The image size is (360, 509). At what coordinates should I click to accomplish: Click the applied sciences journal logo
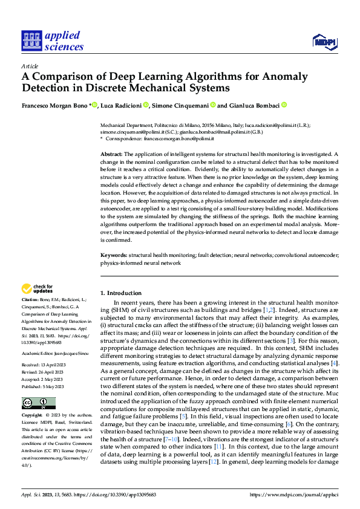click(52, 41)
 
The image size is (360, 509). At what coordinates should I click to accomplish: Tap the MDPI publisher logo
click(325, 41)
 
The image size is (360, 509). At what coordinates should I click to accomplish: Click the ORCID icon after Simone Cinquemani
click(212, 105)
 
